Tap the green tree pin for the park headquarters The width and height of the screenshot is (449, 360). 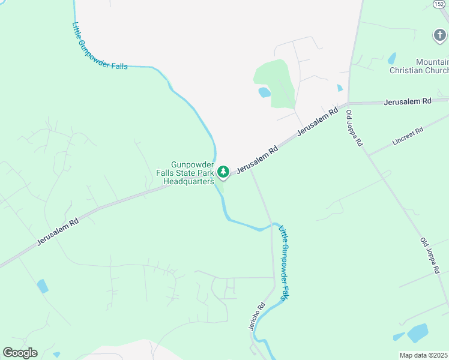[223, 173]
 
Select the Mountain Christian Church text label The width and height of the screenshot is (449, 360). [433, 67]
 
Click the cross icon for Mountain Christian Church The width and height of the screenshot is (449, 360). [440, 35]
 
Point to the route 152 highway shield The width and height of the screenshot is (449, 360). [440, 4]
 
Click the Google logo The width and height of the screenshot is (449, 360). [20, 353]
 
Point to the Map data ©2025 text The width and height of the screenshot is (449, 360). [423, 355]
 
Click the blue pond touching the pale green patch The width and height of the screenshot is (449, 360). [264, 92]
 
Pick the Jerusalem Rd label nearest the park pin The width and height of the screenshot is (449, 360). [256, 159]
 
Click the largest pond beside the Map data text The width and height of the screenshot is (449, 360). [417, 332]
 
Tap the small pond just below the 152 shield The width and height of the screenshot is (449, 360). [393, 58]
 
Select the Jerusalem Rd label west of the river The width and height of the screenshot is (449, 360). [58, 231]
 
